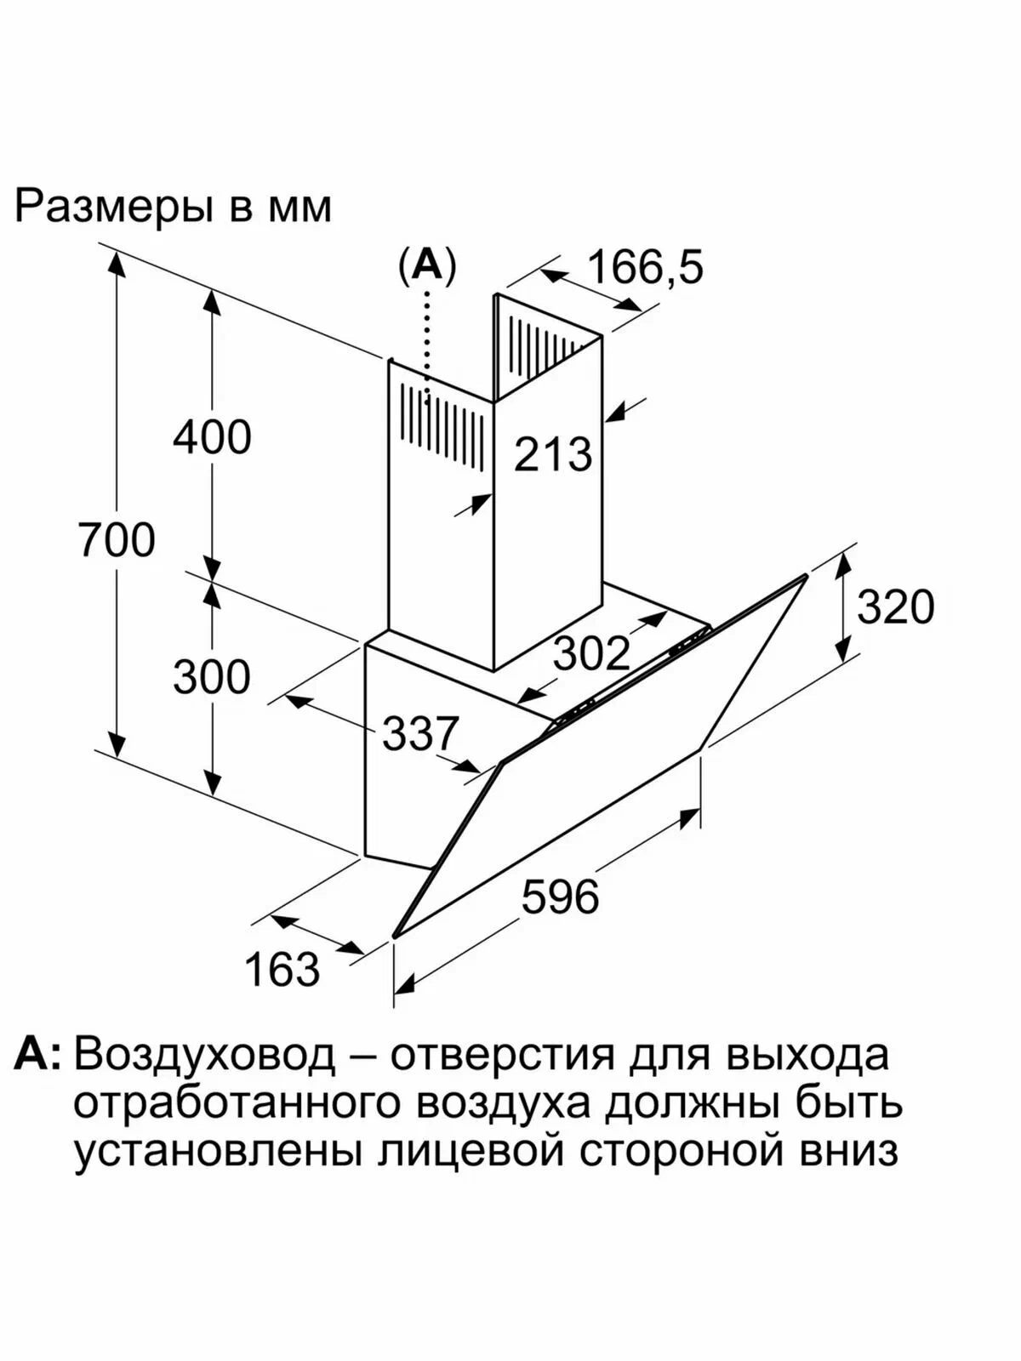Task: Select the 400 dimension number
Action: pyautogui.click(x=212, y=437)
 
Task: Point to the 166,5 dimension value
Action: pyautogui.click(x=645, y=267)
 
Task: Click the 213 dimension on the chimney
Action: pyautogui.click(x=553, y=454)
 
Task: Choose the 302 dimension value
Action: pyautogui.click(x=591, y=653)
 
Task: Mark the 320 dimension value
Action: pyautogui.click(x=895, y=606)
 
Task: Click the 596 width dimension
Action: pyautogui.click(x=561, y=896)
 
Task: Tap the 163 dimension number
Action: pyautogui.click(x=282, y=969)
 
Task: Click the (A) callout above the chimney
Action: pyautogui.click(x=427, y=266)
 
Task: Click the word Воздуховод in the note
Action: pyautogui.click(x=205, y=1056)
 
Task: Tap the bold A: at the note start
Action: pyautogui.click(x=38, y=1055)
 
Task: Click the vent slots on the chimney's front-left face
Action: pyautogui.click(x=442, y=424)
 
